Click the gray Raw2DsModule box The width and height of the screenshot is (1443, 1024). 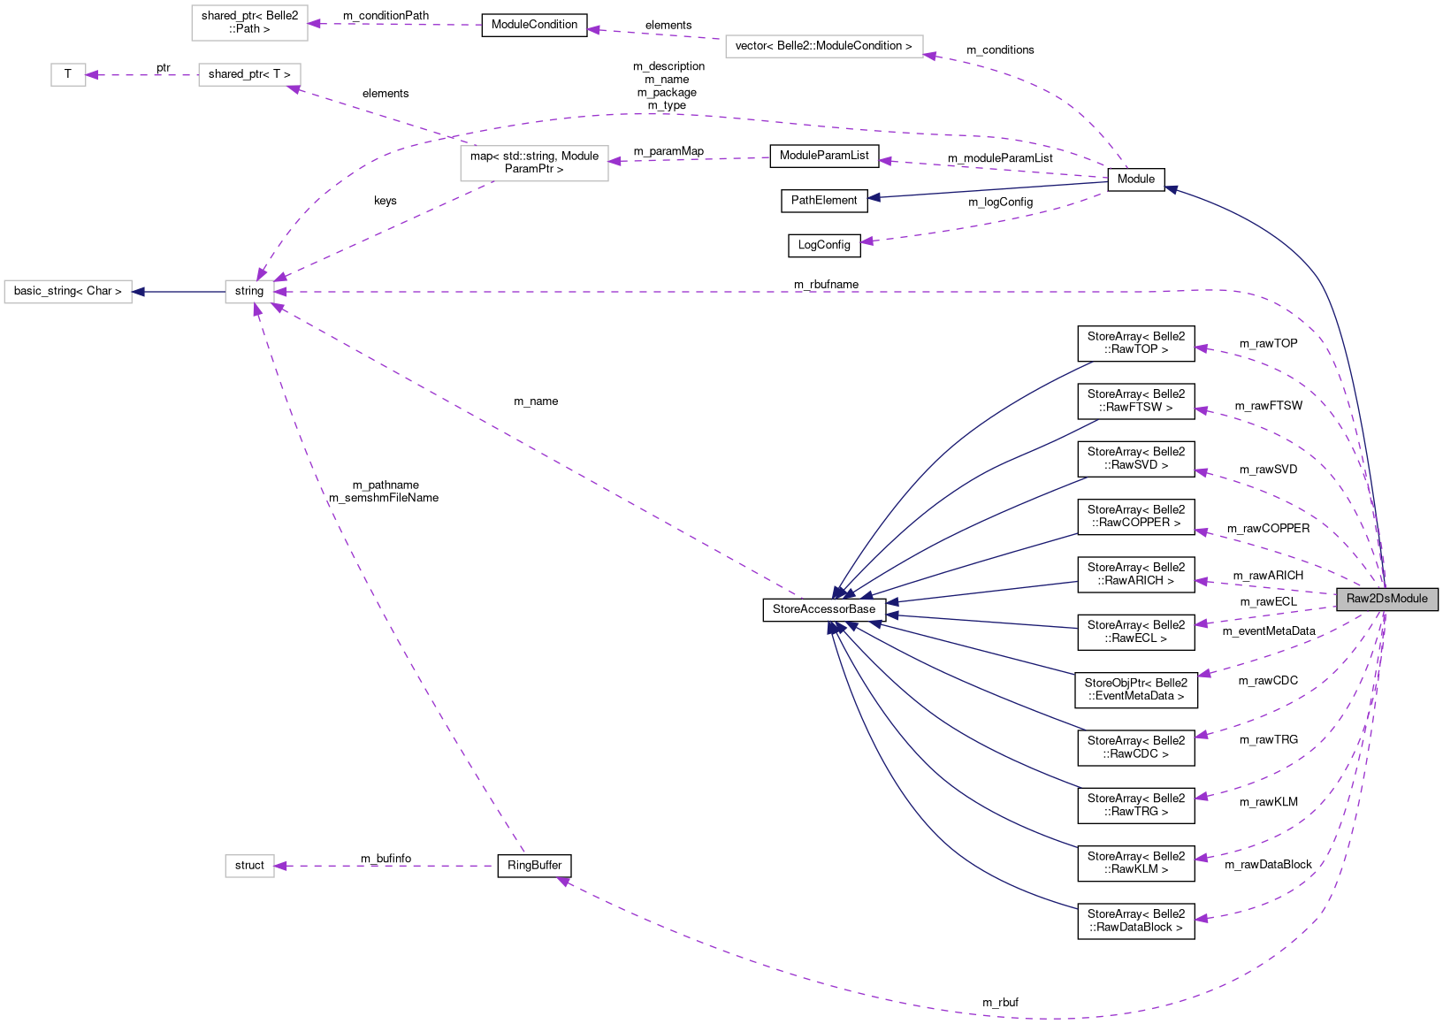1386,599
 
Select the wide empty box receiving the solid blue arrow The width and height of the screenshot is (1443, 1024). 68,292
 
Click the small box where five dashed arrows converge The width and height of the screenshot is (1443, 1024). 249,292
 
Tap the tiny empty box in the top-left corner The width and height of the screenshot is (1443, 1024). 68,75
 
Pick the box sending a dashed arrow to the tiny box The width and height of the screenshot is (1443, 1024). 249,75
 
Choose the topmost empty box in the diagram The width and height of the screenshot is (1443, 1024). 249,23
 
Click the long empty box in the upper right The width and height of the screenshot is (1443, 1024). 824,46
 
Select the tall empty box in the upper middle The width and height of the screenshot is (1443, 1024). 534,164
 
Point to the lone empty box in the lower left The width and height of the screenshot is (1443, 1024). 249,867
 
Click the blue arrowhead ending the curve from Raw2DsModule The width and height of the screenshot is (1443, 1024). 1171,188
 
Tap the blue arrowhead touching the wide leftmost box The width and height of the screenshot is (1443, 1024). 138,292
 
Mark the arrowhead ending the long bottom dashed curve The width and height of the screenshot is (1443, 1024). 563,881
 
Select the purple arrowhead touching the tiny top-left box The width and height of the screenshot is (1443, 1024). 92,75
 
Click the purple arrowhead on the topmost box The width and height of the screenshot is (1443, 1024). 314,24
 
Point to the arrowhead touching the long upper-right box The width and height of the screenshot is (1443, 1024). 929,56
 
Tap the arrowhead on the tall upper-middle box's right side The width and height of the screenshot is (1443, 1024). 615,162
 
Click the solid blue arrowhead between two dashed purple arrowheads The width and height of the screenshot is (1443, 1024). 874,197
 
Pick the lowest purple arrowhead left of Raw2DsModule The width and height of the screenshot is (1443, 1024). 1201,919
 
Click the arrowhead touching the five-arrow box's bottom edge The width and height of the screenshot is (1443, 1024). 256,310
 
